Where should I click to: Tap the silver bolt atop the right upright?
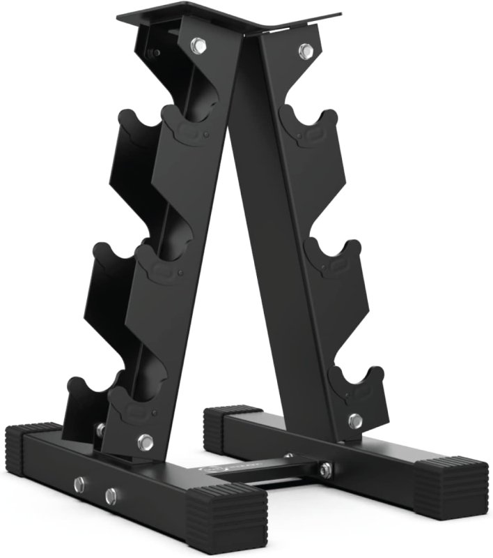306,49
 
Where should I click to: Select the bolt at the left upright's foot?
146,441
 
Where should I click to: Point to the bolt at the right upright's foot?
355,421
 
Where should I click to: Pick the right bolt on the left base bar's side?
111,496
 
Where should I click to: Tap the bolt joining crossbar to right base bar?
324,470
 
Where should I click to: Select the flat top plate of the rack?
230,20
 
